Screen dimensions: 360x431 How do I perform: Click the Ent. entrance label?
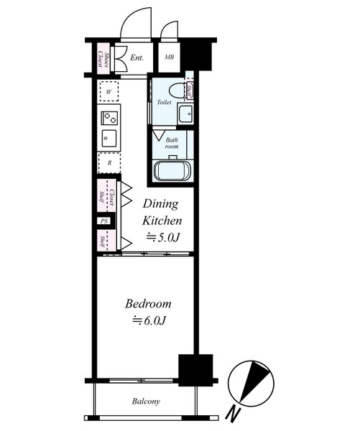click(x=137, y=57)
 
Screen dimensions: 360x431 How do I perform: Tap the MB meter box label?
click(x=169, y=57)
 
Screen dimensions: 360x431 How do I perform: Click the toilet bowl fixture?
click(x=177, y=91)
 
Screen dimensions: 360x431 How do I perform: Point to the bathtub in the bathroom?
click(x=172, y=171)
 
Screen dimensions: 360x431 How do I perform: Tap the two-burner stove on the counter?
click(x=109, y=118)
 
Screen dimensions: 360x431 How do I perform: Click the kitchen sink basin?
click(x=109, y=139)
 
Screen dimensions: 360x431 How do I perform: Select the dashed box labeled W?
click(x=109, y=91)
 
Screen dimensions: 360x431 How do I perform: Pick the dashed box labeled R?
click(x=109, y=163)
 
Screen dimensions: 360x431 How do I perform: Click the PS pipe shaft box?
click(x=103, y=221)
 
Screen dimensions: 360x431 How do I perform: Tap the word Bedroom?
click(x=148, y=304)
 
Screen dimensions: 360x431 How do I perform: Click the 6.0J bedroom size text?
click(x=149, y=320)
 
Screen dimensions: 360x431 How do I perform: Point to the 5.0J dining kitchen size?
click(x=163, y=237)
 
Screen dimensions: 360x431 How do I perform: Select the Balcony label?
click(x=146, y=402)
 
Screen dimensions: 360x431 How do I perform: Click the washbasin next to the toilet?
click(x=185, y=113)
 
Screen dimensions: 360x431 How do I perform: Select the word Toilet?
click(x=164, y=102)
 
